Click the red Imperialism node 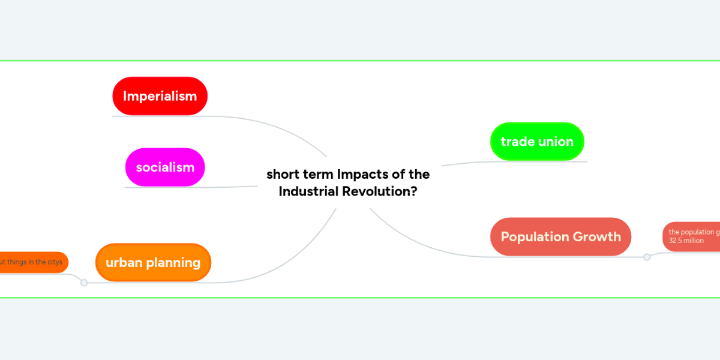point(160,96)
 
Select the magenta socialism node point(165,167)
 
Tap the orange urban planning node point(153,262)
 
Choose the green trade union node point(537,142)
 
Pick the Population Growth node point(560,236)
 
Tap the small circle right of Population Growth point(647,257)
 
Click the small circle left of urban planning point(84,283)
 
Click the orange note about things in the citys point(33,262)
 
